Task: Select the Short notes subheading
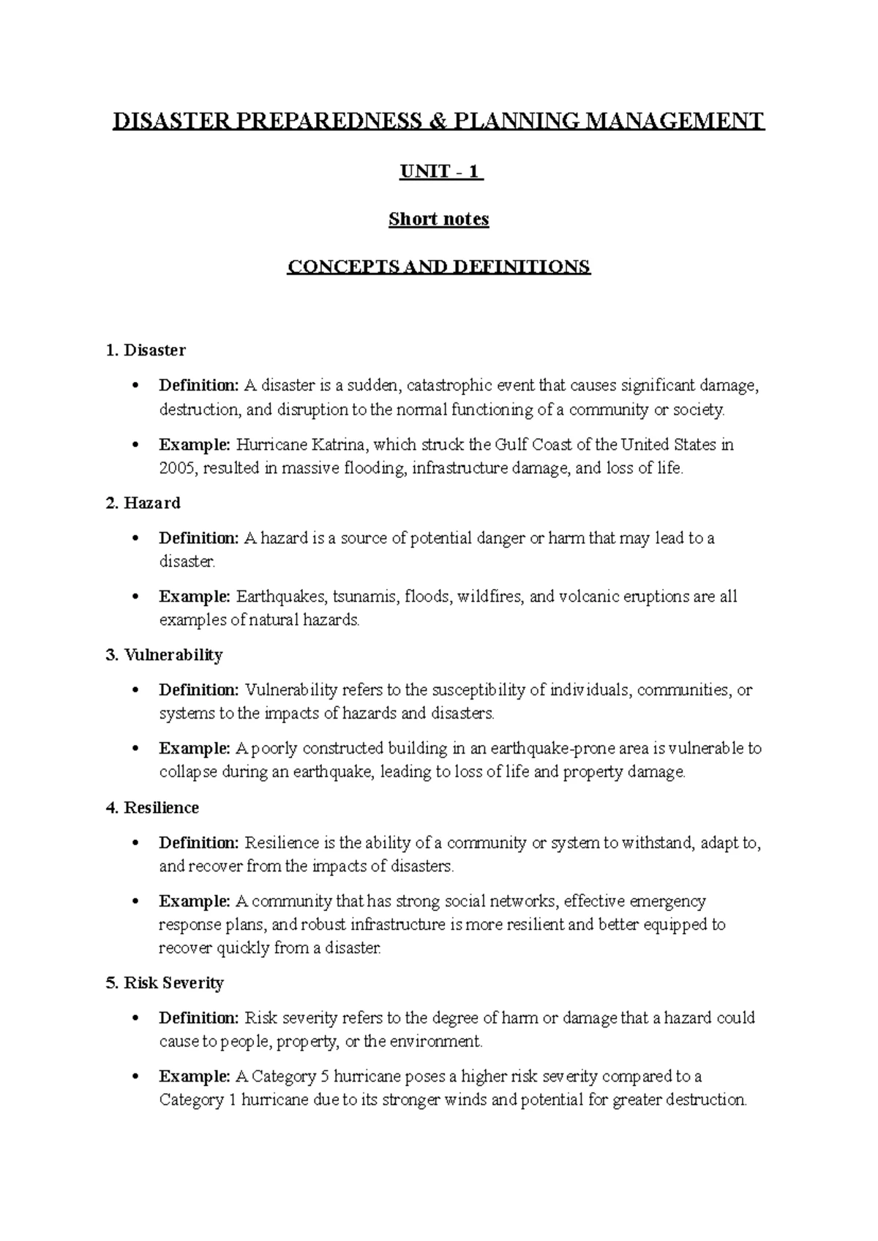point(439,219)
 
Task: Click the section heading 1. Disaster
point(146,350)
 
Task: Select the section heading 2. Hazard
point(143,503)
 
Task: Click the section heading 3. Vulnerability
point(164,655)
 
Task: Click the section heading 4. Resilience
point(152,808)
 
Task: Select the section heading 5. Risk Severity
point(165,983)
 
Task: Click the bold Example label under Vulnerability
point(195,749)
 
